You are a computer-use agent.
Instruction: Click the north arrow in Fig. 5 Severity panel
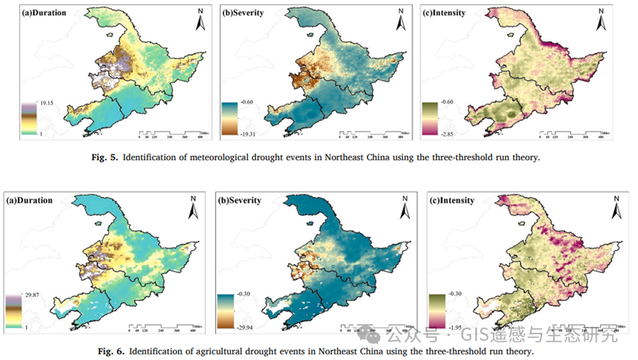coord(401,21)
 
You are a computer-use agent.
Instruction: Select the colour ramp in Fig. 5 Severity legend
coord(228,118)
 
